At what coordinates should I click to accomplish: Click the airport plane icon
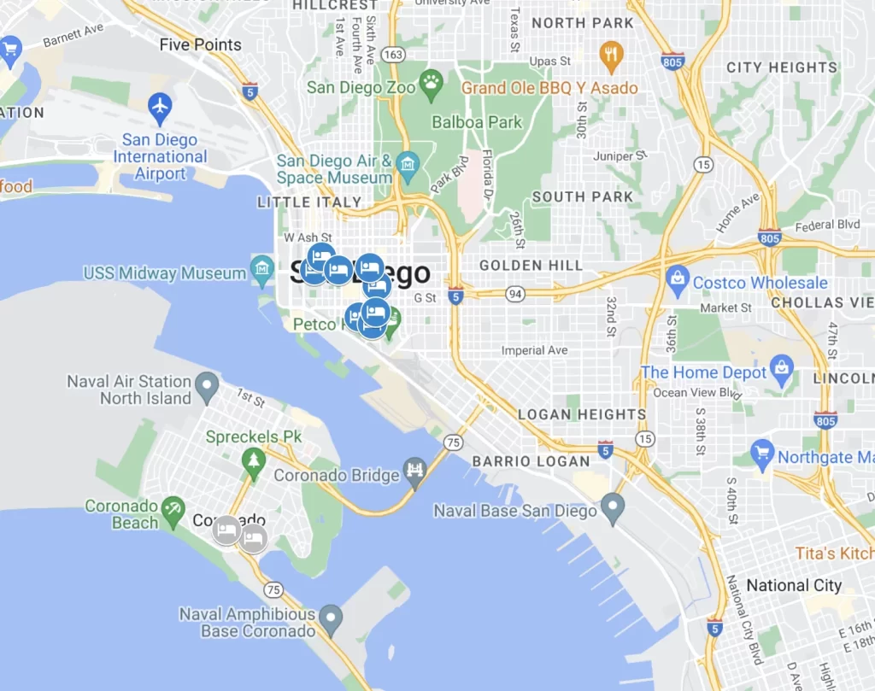tap(160, 108)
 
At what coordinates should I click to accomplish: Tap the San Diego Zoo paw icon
tap(432, 85)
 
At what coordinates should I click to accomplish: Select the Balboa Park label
tap(477, 122)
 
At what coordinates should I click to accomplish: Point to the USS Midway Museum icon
tap(262, 272)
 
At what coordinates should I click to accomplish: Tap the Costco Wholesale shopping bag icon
tap(678, 282)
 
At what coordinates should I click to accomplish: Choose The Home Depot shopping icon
tap(781, 372)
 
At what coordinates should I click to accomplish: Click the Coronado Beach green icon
tap(173, 512)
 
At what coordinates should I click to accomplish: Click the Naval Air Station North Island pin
tap(207, 388)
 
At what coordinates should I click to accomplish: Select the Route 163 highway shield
tap(393, 54)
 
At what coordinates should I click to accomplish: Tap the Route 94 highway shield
tap(514, 294)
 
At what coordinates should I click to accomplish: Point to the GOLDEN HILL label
tap(531, 266)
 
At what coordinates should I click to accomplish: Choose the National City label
tap(794, 585)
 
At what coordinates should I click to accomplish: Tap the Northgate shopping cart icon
tap(762, 455)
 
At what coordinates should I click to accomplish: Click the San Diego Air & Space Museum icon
tap(408, 163)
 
